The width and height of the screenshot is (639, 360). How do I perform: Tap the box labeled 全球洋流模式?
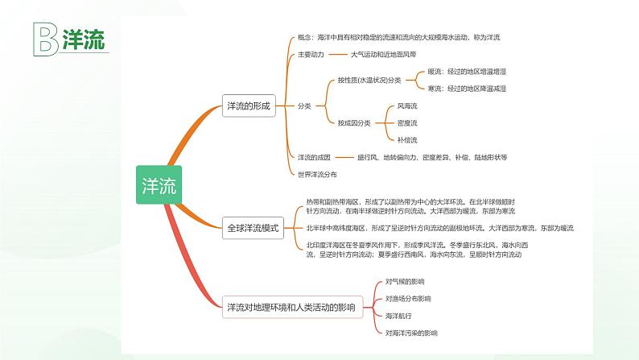(253, 228)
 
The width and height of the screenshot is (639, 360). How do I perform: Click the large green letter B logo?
(45, 39)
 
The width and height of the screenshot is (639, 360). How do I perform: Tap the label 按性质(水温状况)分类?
(369, 81)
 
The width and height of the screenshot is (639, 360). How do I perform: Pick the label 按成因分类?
(354, 122)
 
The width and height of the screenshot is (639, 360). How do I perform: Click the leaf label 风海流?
(407, 106)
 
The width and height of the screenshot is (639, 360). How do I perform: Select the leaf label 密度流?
(407, 122)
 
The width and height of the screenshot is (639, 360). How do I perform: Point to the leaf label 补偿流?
(407, 139)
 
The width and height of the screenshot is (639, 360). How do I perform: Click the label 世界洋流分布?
(318, 174)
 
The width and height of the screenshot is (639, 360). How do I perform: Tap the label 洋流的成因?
(315, 157)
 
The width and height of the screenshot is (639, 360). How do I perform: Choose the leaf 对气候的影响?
(405, 281)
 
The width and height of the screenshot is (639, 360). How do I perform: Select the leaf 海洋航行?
(398, 315)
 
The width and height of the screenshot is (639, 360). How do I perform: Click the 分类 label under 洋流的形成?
(304, 106)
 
